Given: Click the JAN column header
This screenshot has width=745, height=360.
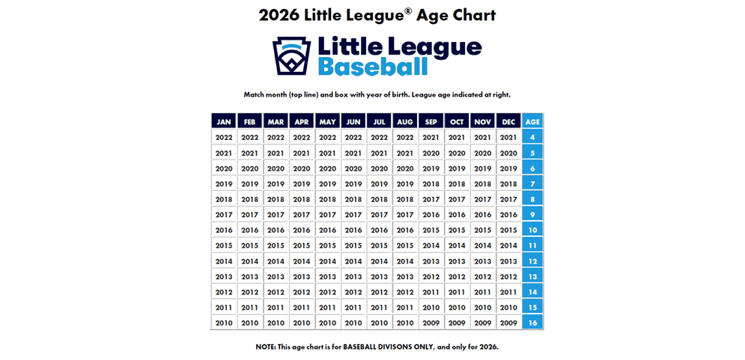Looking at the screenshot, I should tap(224, 121).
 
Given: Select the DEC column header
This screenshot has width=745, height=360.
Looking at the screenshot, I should tap(508, 121).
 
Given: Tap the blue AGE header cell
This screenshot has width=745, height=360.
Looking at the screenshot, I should tap(532, 121).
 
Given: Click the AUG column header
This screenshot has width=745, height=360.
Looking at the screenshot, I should tap(405, 121).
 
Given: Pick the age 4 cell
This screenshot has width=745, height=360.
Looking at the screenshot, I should tap(532, 137).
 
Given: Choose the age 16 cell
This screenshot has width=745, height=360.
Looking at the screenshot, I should tap(532, 323).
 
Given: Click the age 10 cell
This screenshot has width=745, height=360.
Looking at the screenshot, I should tap(532, 230).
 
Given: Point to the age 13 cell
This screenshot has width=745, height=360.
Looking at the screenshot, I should tap(532, 276).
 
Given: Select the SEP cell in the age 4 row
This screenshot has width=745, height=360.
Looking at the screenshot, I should tap(431, 137).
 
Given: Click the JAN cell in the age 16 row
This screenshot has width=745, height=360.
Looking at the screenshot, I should tap(224, 323).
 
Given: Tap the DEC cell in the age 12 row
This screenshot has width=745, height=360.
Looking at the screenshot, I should tap(508, 261).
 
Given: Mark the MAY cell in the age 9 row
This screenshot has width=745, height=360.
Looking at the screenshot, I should tap(327, 215).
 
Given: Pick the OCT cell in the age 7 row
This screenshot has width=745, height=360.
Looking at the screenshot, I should tap(457, 183).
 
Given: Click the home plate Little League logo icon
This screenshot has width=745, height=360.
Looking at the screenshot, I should tap(291, 55).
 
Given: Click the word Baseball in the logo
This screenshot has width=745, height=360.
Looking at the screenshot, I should tap(373, 67).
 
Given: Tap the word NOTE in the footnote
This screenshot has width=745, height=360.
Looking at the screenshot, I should tap(267, 347).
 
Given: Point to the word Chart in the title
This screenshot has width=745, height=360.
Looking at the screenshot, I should tap(471, 15).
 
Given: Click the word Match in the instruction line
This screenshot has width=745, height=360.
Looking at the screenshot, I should tap(256, 95).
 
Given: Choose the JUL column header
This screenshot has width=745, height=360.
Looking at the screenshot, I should tap(379, 121).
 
